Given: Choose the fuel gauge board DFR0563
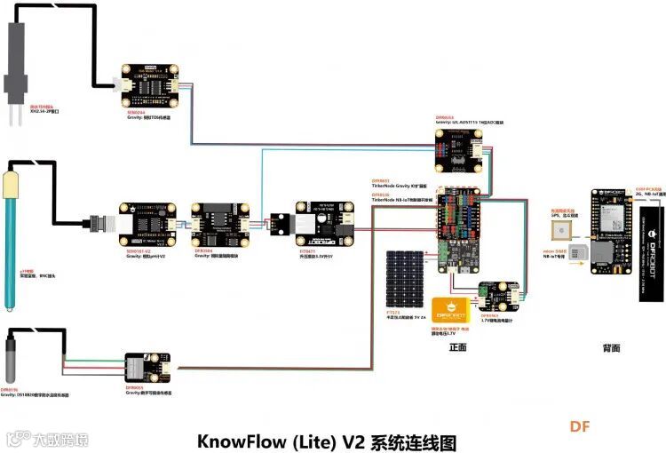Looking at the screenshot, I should [x=498, y=298].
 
